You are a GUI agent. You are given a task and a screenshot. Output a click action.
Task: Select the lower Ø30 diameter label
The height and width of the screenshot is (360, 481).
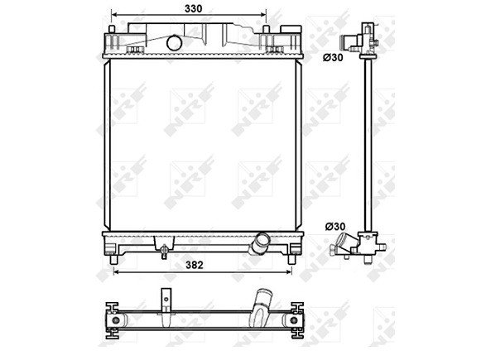[334, 225]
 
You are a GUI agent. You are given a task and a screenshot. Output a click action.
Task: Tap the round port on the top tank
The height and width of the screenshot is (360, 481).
[174, 42]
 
